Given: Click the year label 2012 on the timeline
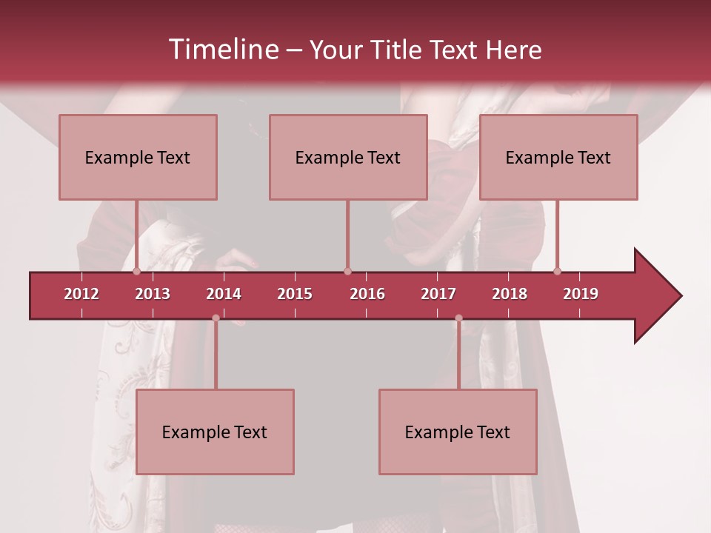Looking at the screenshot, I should pos(81,294).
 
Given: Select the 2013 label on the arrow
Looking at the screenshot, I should pos(153,294).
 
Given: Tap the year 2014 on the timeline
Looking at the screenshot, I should pos(224,294).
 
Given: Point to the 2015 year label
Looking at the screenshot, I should pos(295,294).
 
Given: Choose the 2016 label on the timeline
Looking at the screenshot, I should pos(367,294).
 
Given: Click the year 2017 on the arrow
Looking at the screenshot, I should pos(438,294).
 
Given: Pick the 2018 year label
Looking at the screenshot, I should pos(510,294).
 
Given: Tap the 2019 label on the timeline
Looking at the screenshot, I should pos(581,294).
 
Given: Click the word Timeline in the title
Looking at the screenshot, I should pos(222,50).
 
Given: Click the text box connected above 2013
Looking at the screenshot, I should pos(138,157).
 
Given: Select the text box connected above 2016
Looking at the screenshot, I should pos(348,157).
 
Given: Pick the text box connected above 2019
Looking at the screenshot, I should pos(558,157).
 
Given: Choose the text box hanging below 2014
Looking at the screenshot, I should pos(215,432).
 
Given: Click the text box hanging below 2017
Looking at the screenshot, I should pos(458,432).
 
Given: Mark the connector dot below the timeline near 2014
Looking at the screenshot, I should pos(216,318).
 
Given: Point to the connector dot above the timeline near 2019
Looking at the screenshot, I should pos(557,271).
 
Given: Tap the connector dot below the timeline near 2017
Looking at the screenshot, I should pos(458,318).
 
